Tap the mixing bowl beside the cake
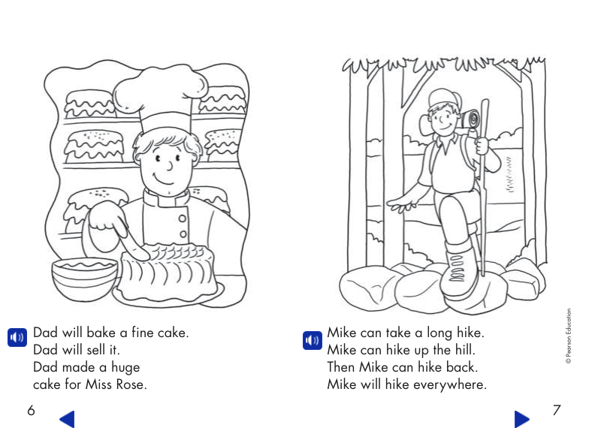click(x=83, y=276)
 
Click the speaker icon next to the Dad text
click(x=17, y=336)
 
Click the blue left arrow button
click(x=67, y=418)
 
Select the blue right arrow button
click(x=521, y=418)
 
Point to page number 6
click(x=31, y=411)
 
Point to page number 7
click(x=556, y=411)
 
